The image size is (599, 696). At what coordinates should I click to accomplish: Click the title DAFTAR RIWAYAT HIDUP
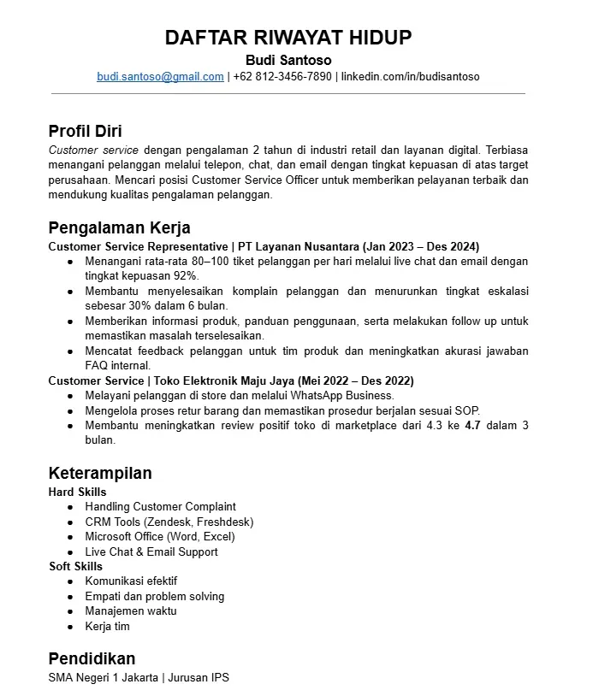[288, 38]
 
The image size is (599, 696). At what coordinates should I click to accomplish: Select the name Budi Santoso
[288, 60]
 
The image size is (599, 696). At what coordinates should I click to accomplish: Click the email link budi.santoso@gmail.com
[160, 76]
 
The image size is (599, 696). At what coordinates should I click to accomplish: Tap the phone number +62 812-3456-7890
[282, 76]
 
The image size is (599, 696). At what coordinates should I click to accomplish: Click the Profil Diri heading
[85, 131]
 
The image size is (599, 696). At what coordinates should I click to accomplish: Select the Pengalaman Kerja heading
[119, 228]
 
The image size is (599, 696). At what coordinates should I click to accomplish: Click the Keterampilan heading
[100, 473]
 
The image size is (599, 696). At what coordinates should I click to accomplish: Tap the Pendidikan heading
[92, 658]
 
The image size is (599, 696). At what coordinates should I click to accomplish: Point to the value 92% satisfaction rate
[186, 275]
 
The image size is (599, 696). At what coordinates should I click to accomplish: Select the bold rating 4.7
[472, 425]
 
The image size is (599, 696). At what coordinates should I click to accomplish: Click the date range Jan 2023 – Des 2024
[422, 245]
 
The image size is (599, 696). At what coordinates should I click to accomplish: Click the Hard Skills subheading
[77, 492]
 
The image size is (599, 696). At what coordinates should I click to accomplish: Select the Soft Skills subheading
[75, 566]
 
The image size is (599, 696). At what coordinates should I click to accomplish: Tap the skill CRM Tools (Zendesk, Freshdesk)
[169, 522]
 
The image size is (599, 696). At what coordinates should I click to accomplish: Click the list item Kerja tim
[107, 626]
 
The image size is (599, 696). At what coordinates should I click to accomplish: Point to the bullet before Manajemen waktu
[69, 611]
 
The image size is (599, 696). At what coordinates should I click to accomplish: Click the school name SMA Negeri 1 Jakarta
[104, 678]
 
